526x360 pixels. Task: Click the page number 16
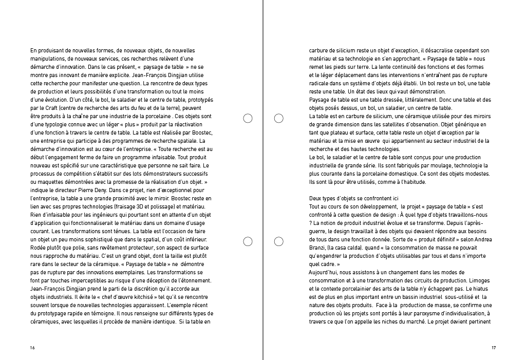coord(32,348)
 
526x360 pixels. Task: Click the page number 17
coord(493,348)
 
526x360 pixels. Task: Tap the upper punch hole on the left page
coord(248,119)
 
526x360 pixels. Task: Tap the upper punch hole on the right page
coord(279,119)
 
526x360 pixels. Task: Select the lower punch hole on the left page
coord(248,241)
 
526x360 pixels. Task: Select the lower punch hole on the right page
coord(279,241)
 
